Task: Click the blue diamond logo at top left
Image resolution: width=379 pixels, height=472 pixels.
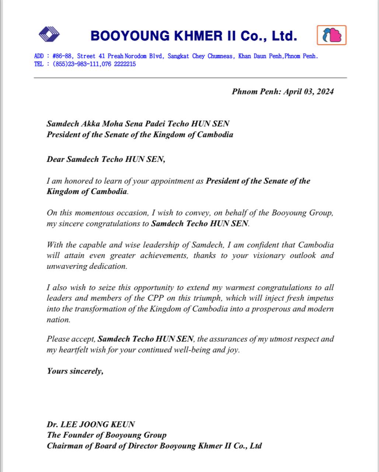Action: coord(49,35)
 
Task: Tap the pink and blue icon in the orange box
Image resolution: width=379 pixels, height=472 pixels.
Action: coord(331,35)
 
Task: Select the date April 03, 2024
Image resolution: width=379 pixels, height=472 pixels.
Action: coord(308,91)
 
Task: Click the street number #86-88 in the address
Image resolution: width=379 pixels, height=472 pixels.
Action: coord(62,56)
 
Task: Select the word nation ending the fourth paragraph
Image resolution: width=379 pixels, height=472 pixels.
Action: coord(58,320)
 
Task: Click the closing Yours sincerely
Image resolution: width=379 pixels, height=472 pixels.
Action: coord(75,371)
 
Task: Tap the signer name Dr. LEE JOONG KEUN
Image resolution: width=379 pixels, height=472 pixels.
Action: coord(91,424)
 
